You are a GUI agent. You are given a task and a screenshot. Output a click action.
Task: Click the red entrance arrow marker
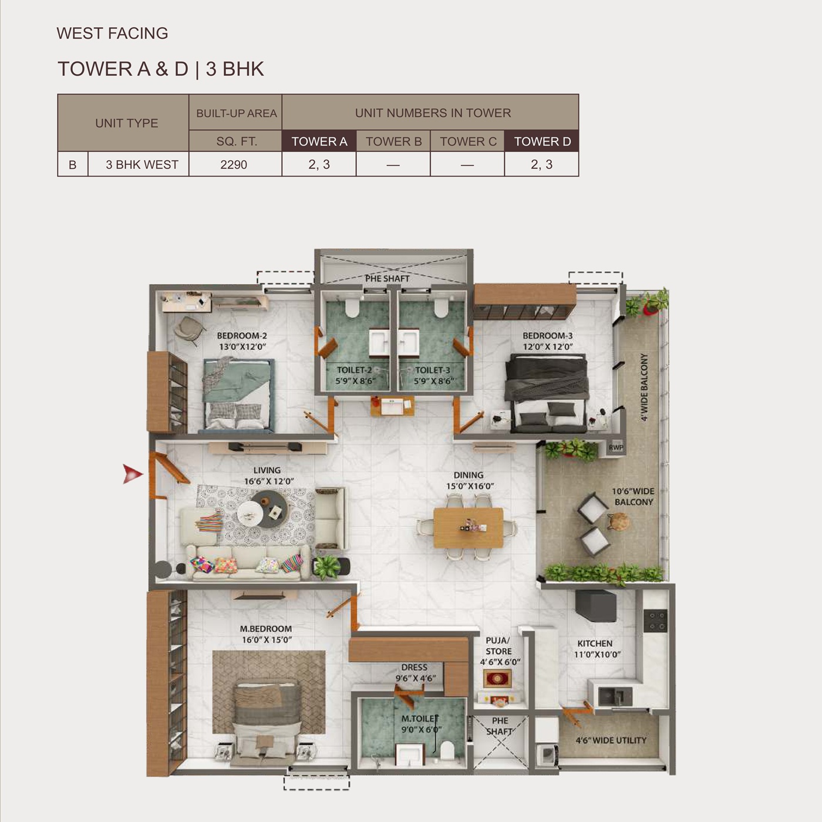[132, 474]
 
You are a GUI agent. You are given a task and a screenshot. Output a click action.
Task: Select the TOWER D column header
[542, 141]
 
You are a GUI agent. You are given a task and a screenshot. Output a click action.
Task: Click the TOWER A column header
[319, 141]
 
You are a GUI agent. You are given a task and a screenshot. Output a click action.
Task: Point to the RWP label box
[615, 447]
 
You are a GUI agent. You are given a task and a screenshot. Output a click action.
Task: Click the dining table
[468, 528]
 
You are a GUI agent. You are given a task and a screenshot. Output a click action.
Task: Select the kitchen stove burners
[655, 621]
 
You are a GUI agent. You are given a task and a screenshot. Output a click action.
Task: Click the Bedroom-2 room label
[242, 341]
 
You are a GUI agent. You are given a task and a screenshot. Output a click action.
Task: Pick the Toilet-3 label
[432, 375]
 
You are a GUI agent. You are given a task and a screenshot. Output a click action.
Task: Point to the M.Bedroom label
[266, 634]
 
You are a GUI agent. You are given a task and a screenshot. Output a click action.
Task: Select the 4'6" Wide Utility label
[611, 740]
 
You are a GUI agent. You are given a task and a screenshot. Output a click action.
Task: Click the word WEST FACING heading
[112, 33]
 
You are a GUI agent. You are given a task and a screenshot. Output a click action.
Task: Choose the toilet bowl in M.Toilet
[447, 750]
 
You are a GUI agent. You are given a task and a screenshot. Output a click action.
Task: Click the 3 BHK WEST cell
[142, 164]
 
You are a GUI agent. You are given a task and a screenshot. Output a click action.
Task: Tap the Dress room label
[415, 673]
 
